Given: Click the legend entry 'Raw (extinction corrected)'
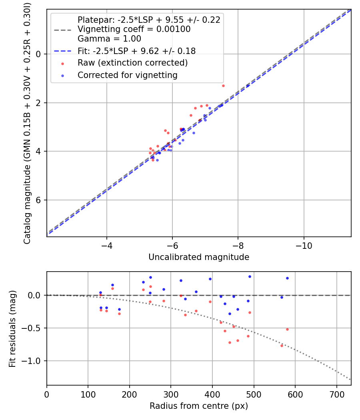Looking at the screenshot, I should (x=132, y=63).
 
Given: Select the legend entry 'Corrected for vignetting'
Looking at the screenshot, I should (x=127, y=75).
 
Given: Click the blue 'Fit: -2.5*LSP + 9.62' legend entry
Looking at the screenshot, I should (x=136, y=51).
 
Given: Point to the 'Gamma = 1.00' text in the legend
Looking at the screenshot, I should (x=109, y=39).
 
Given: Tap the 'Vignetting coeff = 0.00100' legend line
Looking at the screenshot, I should (x=134, y=29).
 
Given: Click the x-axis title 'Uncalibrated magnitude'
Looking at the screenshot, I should (x=199, y=257).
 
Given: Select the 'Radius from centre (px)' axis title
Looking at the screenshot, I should (x=199, y=406).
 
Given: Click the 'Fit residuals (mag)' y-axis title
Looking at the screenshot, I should (x=12, y=328).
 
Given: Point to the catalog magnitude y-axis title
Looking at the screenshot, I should (x=27, y=122).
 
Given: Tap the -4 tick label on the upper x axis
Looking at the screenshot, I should (x=106, y=245).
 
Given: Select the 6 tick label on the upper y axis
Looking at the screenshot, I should (x=39, y=200).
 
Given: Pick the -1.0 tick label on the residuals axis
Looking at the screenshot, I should (x=35, y=361).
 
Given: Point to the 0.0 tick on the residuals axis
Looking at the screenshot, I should (x=37, y=295).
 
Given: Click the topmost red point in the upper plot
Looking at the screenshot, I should (x=223, y=86).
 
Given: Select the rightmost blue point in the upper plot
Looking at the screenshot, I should (x=248, y=86).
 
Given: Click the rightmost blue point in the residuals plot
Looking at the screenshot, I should (x=287, y=278).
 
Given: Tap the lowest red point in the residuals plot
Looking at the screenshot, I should (x=282, y=346).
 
